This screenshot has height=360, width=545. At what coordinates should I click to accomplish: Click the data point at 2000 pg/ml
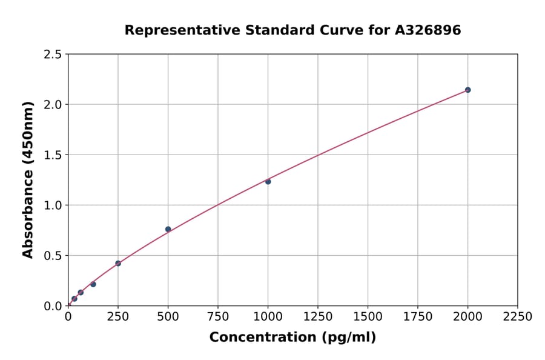[x=467, y=90]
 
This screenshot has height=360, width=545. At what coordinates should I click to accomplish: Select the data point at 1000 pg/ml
[x=268, y=181]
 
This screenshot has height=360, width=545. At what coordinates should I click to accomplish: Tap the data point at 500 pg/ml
[x=168, y=229]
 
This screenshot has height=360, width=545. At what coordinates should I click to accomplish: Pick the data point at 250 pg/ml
[x=118, y=263]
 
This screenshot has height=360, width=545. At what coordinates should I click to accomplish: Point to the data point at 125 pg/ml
[x=93, y=284]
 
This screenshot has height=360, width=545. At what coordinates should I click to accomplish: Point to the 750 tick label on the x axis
[x=218, y=316]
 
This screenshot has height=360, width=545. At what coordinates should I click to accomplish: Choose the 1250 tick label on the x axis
[x=318, y=316]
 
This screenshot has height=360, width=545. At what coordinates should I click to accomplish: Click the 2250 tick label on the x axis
[x=518, y=316]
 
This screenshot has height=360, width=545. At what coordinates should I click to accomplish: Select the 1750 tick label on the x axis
[x=418, y=316]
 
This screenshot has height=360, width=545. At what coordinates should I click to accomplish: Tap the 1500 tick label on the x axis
[x=368, y=316]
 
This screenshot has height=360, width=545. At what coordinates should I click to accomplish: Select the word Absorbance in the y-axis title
[x=28, y=215]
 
